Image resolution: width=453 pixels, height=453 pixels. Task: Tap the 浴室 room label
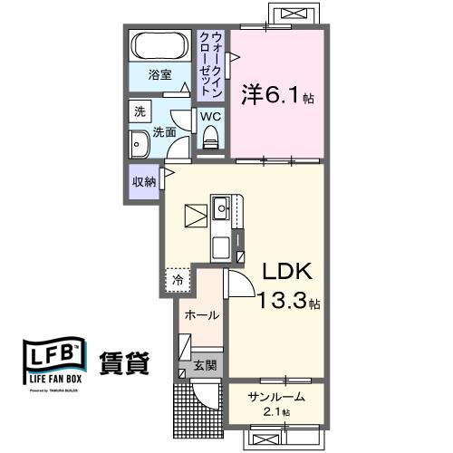[160, 76]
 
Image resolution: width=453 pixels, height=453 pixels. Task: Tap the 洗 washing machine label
[140, 112]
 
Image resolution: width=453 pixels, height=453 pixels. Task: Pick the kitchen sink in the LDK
[222, 210]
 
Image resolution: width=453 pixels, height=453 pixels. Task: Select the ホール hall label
[200, 315]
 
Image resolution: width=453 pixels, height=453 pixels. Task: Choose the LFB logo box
[53, 359]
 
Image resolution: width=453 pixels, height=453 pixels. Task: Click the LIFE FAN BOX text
[54, 381]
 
